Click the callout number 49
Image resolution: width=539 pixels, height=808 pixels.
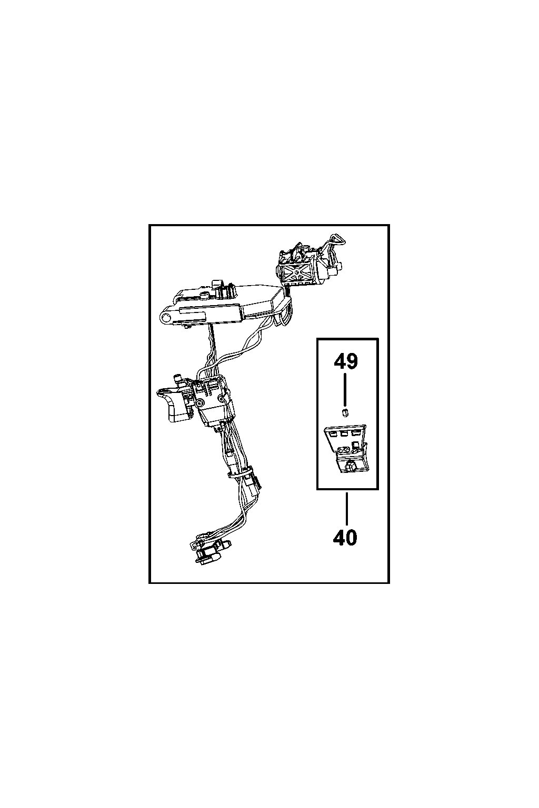(345, 361)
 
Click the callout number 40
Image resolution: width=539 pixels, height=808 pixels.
(345, 537)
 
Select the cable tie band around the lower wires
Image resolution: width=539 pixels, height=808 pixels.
(238, 473)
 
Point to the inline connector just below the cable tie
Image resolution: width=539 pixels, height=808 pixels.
(253, 482)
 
